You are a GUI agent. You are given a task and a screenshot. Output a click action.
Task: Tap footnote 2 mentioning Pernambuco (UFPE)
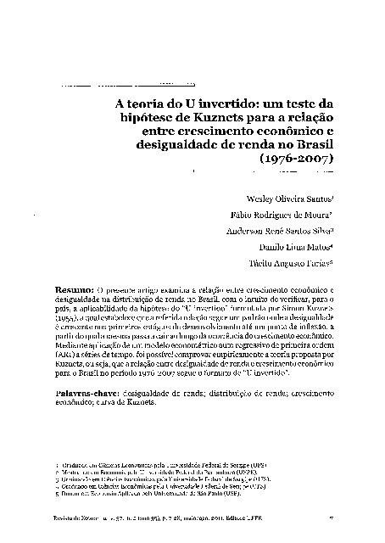137,472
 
